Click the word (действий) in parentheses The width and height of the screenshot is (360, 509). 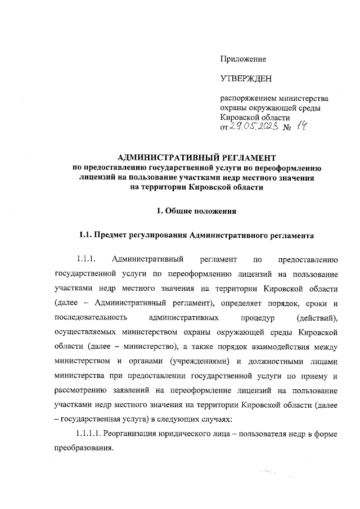(319, 318)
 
